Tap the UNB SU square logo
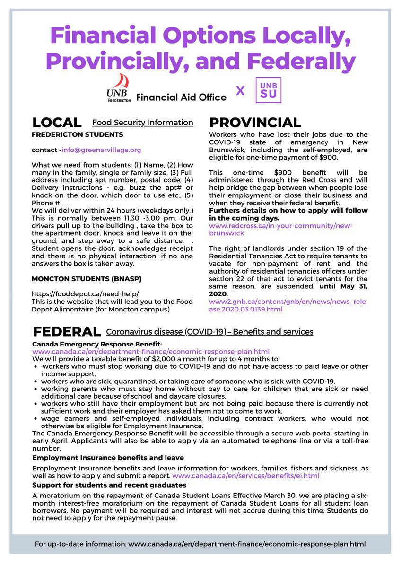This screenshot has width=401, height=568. pyautogui.click(x=268, y=90)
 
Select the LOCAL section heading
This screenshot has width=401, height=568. pyautogui.click(x=56, y=123)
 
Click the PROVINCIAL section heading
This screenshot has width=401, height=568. pyautogui.click(x=255, y=123)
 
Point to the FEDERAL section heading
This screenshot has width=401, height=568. pyautogui.click(x=66, y=331)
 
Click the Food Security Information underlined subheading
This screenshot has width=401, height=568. pyautogui.click(x=142, y=123)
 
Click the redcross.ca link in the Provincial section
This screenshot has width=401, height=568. pyautogui.click(x=280, y=230)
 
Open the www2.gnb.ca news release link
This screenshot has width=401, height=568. pyautogui.click(x=288, y=305)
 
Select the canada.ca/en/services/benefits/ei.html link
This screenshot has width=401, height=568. pyautogui.click(x=246, y=475)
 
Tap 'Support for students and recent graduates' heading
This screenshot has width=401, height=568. pyautogui.click(x=109, y=485)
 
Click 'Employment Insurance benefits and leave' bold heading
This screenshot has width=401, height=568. pyautogui.click(x=108, y=458)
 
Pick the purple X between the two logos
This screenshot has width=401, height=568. pyautogui.click(x=240, y=90)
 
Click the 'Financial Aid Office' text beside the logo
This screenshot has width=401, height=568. pyautogui.click(x=181, y=98)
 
